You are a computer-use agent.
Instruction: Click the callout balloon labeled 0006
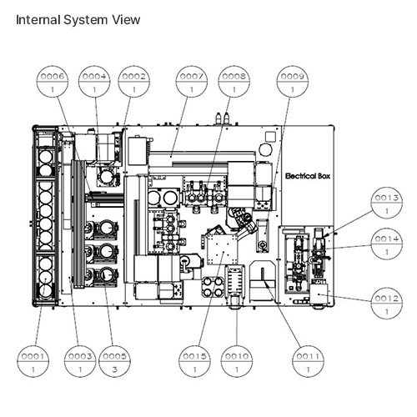pos(53,82)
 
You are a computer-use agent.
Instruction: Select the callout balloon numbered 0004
pos(94,82)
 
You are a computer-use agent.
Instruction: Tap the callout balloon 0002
pos(133,82)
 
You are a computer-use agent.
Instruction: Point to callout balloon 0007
pos(192,82)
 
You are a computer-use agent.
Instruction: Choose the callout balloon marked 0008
pos(234,82)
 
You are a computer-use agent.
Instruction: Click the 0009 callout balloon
pos(292,82)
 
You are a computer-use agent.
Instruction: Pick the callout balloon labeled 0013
pos(387,203)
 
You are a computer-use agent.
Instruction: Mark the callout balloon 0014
pos(387,244)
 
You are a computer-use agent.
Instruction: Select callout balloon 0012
pos(387,304)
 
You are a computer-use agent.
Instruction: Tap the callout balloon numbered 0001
pos(33,361)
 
